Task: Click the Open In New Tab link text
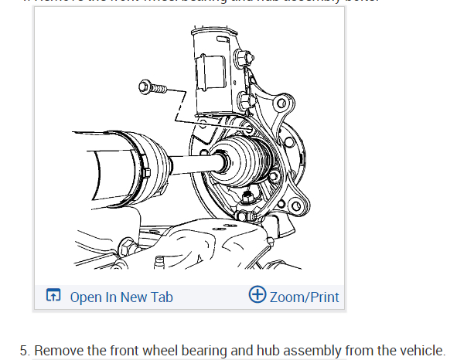click(121, 297)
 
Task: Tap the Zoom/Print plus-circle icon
click(257, 295)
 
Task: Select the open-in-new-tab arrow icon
click(53, 297)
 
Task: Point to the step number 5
click(24, 350)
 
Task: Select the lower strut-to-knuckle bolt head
click(248, 100)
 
